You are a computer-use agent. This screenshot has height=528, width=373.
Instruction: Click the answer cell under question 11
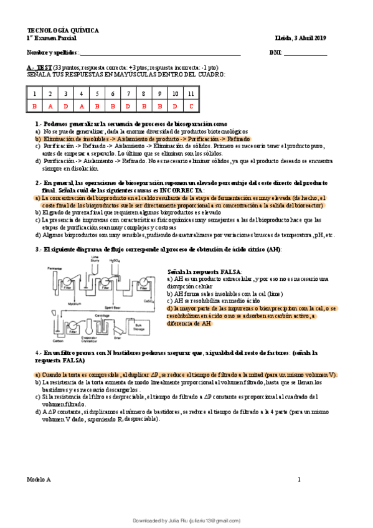[192, 106]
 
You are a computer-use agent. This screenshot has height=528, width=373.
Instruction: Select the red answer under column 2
[50, 106]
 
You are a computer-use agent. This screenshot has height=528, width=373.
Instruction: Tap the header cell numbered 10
[176, 93]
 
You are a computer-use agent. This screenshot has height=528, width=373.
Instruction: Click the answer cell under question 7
[128, 106]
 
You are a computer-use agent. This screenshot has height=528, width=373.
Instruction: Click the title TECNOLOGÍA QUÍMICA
[55, 31]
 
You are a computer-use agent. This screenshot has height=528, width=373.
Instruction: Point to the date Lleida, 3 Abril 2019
[300, 38]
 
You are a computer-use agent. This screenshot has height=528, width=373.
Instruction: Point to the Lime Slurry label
[95, 258]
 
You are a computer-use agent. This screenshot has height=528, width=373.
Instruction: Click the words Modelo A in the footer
[39, 479]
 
